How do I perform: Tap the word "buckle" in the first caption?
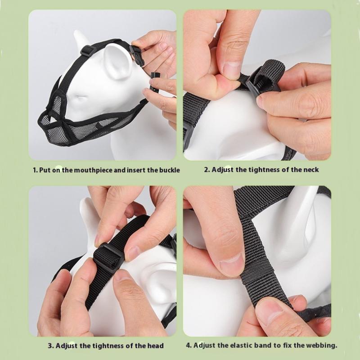(170, 170)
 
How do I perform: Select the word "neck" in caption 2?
(311, 170)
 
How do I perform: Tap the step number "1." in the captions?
(35, 171)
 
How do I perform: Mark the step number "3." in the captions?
(50, 346)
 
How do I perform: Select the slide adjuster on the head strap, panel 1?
(88, 49)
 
